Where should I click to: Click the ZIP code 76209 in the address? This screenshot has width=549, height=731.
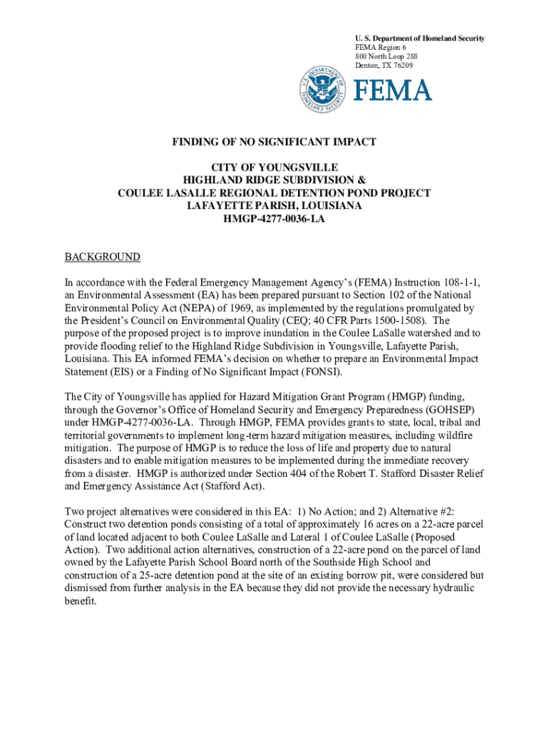[401, 66]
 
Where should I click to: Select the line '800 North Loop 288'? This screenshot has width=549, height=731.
[387, 56]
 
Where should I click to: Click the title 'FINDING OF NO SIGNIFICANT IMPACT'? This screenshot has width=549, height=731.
[274, 142]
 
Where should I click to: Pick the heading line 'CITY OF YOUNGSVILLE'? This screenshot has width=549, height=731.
[274, 168]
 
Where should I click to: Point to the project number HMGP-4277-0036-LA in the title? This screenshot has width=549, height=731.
[274, 219]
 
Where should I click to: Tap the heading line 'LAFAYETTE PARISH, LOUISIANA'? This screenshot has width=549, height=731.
[274, 206]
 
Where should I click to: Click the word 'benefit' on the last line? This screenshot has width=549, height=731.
[79, 601]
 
